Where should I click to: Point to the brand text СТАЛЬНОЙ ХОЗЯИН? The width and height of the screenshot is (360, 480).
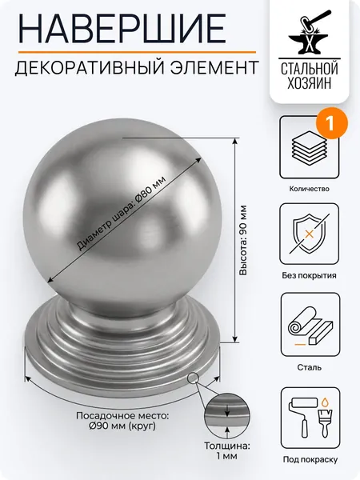coord(309,75)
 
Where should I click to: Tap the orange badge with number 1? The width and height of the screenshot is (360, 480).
coord(330,124)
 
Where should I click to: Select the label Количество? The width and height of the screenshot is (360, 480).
coord(309,189)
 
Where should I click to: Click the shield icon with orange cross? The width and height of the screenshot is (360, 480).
coord(309,234)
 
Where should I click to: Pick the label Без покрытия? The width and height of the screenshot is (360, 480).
coord(309,275)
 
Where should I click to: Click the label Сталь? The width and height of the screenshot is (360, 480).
coord(309,367)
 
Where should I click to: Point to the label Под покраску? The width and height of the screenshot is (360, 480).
coord(310,459)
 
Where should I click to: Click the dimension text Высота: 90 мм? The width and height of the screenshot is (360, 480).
coord(243,240)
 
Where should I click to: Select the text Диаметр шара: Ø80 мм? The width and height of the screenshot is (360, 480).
coord(120,214)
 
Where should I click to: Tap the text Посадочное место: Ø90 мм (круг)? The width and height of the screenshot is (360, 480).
coord(122,421)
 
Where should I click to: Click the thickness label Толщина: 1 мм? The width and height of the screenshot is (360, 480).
coord(227,451)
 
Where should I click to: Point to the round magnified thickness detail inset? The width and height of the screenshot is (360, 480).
coord(227,414)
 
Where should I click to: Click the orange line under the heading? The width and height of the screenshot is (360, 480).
coord(137,52)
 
